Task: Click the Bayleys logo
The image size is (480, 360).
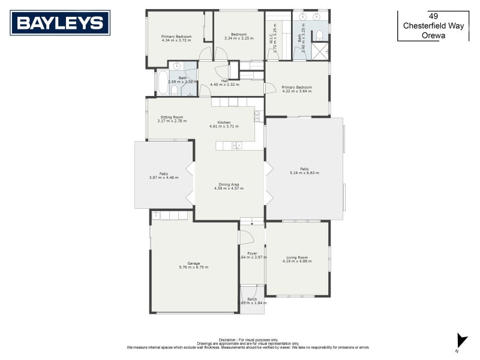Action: [60, 23]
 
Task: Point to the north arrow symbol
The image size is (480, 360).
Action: [461, 341]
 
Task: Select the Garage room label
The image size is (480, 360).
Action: [193, 263]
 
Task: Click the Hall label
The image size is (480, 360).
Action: [224, 80]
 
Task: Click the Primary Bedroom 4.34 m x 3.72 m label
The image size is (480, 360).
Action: [176, 37]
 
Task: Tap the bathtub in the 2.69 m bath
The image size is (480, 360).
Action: [162, 83]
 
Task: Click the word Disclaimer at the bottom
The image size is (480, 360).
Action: [228, 339]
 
